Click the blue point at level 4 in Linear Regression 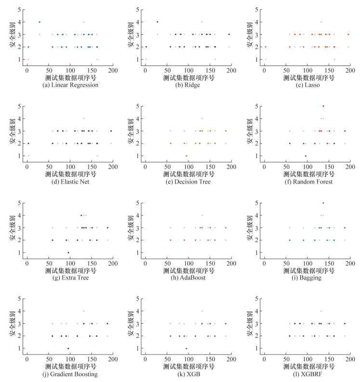40,22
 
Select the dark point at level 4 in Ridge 157,22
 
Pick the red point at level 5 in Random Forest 323,106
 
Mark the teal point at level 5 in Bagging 323,203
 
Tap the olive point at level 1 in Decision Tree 187,156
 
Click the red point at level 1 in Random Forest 306,156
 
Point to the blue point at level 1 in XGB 187,348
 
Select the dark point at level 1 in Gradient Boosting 68,348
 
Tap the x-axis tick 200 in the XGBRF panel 350,360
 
